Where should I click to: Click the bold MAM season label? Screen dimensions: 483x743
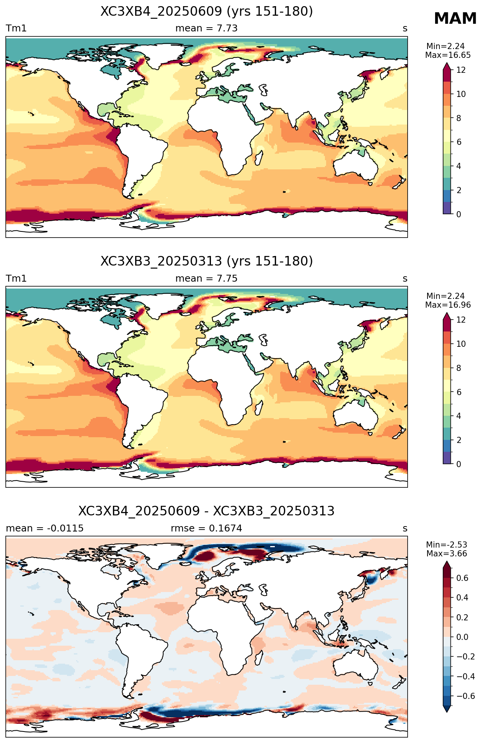(455, 18)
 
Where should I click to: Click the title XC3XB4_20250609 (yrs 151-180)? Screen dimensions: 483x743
(207, 11)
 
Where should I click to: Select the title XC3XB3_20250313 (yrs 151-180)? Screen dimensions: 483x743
(207, 261)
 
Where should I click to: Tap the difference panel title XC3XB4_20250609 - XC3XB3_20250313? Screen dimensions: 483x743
(207, 511)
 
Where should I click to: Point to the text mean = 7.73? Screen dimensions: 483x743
(206, 28)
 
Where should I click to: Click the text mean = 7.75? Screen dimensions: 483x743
(206, 278)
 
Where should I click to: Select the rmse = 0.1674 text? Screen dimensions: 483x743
(206, 528)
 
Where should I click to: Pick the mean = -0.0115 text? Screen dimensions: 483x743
(45, 528)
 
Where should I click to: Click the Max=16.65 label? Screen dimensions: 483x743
(448, 55)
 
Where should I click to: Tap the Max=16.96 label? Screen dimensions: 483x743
(448, 305)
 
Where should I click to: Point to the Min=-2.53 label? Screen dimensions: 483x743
(447, 545)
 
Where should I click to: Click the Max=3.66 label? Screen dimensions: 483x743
(447, 554)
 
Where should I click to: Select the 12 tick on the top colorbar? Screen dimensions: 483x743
(461, 70)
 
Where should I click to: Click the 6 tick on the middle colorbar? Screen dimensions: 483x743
(459, 392)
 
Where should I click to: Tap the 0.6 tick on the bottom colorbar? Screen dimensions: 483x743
(462, 578)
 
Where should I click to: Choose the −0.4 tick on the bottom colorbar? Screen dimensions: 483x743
(465, 676)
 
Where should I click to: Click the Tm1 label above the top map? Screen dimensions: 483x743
(16, 28)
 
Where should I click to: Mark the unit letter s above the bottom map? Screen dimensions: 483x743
(405, 528)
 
